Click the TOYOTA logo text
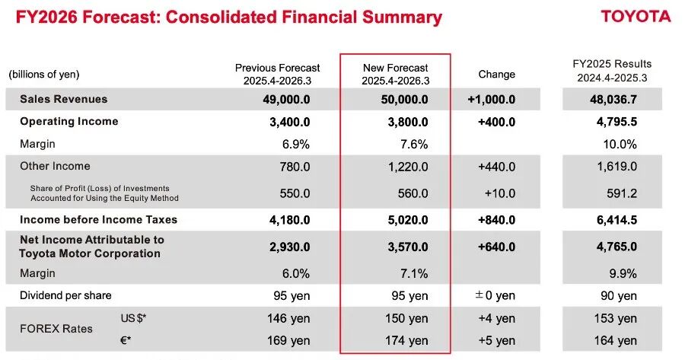point(636,17)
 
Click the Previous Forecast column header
point(278,74)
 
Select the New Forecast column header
point(395,74)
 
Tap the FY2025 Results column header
point(612,70)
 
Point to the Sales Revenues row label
point(64,99)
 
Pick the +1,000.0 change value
point(492,99)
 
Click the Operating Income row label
point(69,122)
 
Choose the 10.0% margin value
point(620,144)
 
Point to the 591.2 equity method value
point(622,193)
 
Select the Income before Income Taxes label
point(99,220)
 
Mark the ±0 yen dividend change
point(495,295)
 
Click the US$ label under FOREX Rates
point(133,317)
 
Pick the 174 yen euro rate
point(406,340)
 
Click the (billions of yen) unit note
point(44,75)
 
